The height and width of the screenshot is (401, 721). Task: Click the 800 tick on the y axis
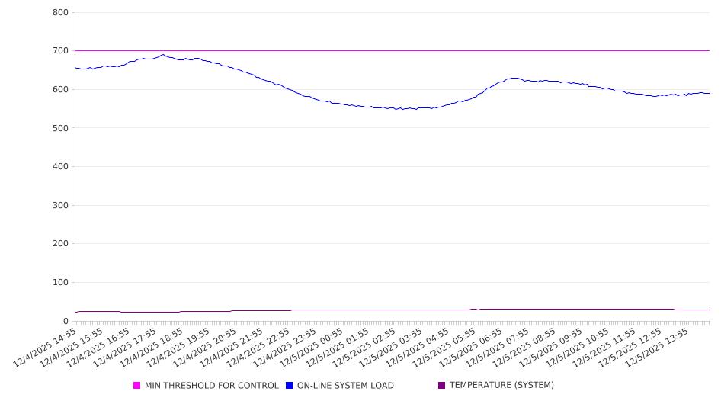point(60,12)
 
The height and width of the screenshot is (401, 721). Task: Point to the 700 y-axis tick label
point(60,51)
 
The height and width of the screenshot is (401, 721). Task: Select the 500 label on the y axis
point(60,128)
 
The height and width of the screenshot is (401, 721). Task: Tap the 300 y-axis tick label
point(60,205)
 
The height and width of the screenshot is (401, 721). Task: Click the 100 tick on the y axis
point(60,283)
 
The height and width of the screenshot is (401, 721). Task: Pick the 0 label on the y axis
point(66,321)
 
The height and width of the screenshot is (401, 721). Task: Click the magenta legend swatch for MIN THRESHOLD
point(137,386)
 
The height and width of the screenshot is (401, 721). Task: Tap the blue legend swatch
point(290,386)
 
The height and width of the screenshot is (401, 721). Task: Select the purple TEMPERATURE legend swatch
point(441,386)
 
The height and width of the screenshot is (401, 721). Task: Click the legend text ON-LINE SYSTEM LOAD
point(345,386)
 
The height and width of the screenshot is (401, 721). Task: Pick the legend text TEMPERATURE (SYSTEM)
point(501,386)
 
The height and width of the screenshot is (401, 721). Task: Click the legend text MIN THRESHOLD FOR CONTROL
point(212,386)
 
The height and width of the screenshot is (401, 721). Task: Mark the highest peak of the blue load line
point(162,55)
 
